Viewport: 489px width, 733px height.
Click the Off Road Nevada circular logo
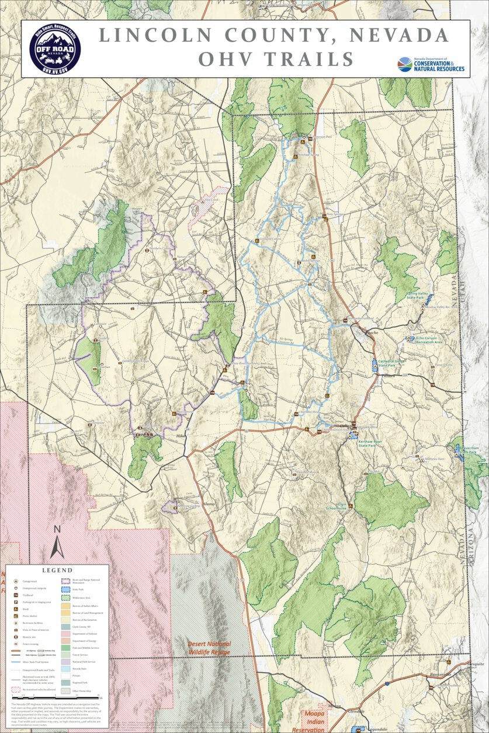pos(54,49)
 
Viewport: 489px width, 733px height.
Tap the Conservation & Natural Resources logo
pos(431,64)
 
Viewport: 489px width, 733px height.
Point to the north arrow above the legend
pos(57,541)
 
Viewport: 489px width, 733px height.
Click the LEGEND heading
pos(57,570)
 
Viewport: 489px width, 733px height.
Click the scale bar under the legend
pos(82,696)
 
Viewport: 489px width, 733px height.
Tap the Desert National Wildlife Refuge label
pos(209,647)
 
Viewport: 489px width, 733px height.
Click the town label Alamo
pos(209,503)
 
